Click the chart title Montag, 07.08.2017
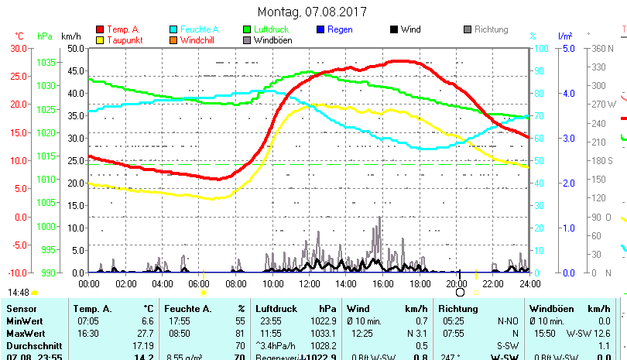(x=312, y=12)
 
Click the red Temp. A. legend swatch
(x=100, y=29)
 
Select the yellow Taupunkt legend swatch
(x=100, y=39)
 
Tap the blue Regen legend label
(x=340, y=29)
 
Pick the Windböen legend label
(x=272, y=39)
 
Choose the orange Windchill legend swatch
(x=173, y=39)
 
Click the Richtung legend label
(x=491, y=29)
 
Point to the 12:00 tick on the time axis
(x=309, y=283)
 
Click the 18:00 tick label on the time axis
(x=419, y=283)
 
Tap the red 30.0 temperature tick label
(x=19, y=48)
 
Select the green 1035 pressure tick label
(x=46, y=62)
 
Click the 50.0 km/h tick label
(x=75, y=48)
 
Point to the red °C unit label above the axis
(x=19, y=36)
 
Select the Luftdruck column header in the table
(x=276, y=309)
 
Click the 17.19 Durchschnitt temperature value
(x=143, y=345)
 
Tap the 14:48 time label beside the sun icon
(x=19, y=293)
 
